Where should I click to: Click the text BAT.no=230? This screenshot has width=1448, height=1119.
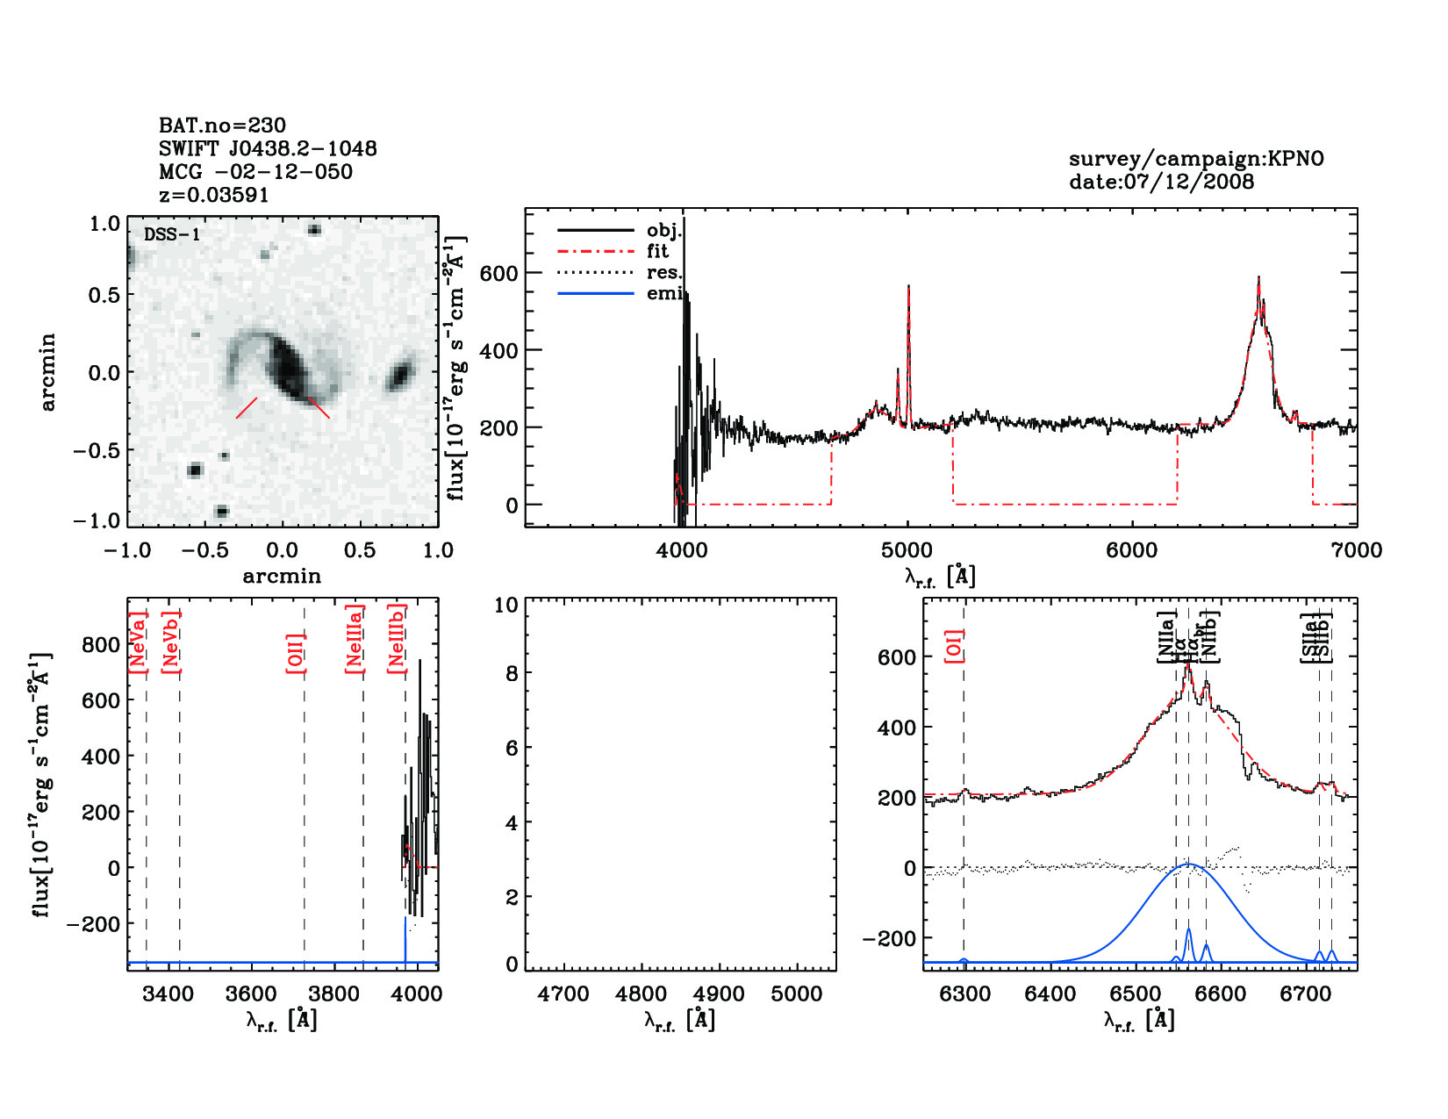pos(222,126)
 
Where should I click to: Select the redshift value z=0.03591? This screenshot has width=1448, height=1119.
pos(213,195)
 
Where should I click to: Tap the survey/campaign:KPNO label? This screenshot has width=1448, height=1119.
pos(1195,159)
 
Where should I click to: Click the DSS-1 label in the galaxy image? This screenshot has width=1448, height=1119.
pos(171,234)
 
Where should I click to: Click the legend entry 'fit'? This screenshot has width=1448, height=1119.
pos(657,251)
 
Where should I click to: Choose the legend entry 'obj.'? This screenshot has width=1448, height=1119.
pos(663,230)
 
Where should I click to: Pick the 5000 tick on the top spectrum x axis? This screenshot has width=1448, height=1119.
pos(907,550)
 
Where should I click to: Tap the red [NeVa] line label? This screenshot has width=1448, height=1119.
pos(137,642)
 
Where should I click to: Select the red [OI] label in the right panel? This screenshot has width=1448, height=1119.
pos(955,645)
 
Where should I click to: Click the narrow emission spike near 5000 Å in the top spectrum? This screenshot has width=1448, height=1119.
pos(908,290)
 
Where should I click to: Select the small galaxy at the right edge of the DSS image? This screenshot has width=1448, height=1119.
pos(400,375)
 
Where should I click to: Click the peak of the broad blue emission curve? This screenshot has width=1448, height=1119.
pos(1189,864)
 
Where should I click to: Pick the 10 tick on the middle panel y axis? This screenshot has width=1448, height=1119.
pos(506,605)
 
